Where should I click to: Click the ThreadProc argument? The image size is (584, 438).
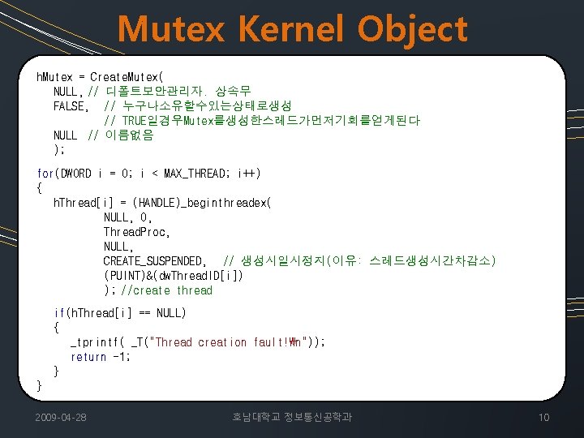click(136, 232)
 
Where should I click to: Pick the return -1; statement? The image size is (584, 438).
click(100, 357)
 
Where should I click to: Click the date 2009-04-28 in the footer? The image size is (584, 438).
click(62, 417)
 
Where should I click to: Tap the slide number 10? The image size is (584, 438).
click(543, 417)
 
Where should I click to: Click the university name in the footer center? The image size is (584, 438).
click(292, 417)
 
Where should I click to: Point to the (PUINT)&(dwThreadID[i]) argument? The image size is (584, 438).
click(173, 276)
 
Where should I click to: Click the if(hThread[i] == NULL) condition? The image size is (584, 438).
click(120, 313)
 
